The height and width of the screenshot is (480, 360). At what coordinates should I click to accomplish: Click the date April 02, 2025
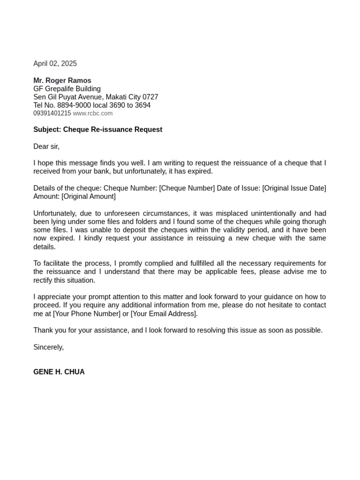pos(55,64)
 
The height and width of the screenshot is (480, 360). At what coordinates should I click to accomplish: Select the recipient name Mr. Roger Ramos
pos(62,81)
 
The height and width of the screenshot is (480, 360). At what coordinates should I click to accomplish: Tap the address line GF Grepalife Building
pos(67,89)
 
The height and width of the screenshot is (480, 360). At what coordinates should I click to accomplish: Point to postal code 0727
pos(150,97)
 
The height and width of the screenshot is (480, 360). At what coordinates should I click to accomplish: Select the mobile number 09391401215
pos(52,113)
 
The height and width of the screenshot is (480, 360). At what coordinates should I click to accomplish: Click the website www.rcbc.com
pos(93,113)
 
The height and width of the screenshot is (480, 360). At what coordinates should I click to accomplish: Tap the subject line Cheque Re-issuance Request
pos(112,129)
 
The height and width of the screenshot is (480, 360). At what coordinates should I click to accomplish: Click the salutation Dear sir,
pos(46,147)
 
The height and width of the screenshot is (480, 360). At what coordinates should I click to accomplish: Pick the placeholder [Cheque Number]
pos(187,188)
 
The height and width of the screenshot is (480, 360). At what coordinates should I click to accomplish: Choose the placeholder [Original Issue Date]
pos(294,188)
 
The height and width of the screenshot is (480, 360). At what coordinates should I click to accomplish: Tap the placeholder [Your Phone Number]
pos(87,314)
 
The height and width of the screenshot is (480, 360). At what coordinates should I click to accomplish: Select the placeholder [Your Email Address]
pos(164,314)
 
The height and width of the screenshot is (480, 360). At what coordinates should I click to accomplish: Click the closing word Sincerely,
pos(48,347)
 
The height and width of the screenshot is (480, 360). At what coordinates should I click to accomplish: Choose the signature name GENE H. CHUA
pos(59,372)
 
